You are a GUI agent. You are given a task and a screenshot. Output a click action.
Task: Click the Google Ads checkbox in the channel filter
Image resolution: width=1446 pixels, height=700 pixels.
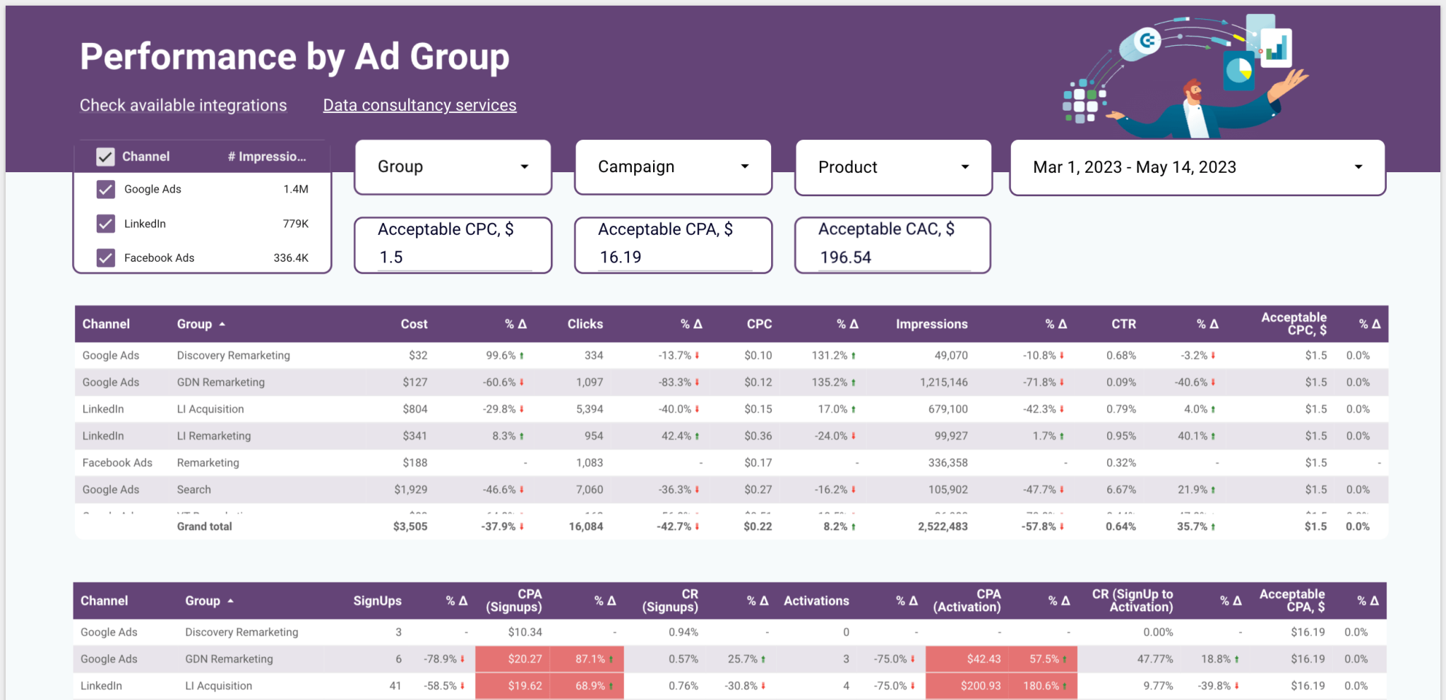(x=106, y=189)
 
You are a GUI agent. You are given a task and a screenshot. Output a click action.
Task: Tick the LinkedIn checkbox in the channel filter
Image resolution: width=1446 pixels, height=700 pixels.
(x=106, y=224)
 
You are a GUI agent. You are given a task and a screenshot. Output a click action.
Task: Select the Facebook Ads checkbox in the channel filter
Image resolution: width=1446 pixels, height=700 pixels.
(x=106, y=258)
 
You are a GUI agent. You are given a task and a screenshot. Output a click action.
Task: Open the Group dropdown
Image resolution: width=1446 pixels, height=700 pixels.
(x=453, y=167)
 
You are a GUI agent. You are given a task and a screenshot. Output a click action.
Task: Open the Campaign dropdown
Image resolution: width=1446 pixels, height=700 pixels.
(x=673, y=167)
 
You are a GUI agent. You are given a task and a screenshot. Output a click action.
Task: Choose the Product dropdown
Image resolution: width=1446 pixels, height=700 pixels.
(x=893, y=167)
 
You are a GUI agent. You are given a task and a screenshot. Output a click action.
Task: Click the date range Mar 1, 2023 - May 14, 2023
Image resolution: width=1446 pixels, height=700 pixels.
(x=1197, y=167)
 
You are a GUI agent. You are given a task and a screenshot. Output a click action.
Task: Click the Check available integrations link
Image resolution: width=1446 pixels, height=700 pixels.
(x=183, y=105)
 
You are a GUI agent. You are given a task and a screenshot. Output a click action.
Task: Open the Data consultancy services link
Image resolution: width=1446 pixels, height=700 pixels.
(x=419, y=105)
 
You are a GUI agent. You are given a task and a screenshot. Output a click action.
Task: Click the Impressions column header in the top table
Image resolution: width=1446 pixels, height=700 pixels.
(x=931, y=324)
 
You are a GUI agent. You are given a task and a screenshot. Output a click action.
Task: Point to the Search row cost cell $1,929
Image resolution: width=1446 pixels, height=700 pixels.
(x=410, y=490)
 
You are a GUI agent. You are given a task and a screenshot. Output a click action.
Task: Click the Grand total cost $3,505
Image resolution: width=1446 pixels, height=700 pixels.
(x=410, y=526)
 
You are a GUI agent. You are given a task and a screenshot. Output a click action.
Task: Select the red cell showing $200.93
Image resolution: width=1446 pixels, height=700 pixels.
(x=980, y=686)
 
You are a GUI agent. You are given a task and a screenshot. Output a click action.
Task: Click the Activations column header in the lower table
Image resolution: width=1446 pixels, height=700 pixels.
(x=816, y=601)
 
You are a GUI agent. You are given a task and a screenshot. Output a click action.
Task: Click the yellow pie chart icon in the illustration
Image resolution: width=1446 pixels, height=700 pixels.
(x=1239, y=70)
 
